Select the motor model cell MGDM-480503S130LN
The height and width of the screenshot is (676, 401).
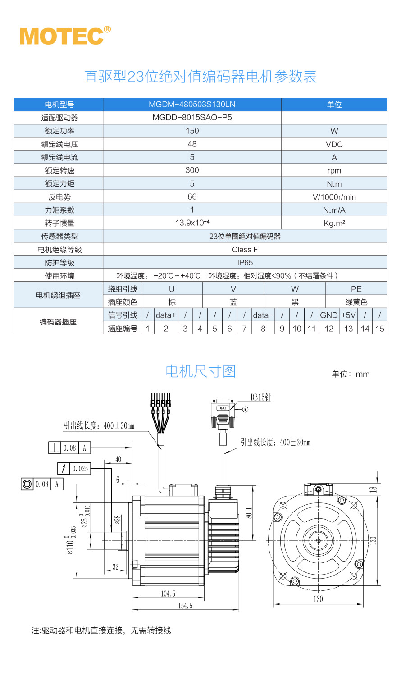tap(192, 105)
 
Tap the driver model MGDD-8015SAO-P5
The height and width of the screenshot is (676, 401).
tap(192, 118)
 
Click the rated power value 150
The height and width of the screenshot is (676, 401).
tap(192, 131)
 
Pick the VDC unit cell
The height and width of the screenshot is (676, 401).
tap(334, 144)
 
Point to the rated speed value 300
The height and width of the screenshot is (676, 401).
tap(192, 170)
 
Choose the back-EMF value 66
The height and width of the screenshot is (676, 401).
tap(192, 197)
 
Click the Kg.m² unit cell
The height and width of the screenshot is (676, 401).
tap(334, 223)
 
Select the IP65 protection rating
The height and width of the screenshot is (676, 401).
tap(245, 262)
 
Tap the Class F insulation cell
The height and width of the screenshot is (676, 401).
tap(245, 249)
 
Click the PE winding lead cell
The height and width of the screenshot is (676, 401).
tap(356, 289)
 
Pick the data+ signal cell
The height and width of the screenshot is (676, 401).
tap(166, 315)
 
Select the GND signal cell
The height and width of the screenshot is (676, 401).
tap(329, 315)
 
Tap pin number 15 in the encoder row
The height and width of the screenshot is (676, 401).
tap(380, 329)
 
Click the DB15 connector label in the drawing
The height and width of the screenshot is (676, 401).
tap(261, 397)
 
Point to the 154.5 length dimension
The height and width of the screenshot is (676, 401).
tap(185, 606)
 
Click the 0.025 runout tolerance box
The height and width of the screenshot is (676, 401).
tap(80, 469)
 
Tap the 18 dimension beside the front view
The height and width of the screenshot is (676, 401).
tap(373, 489)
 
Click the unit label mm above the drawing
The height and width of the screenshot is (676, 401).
tap(362, 374)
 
